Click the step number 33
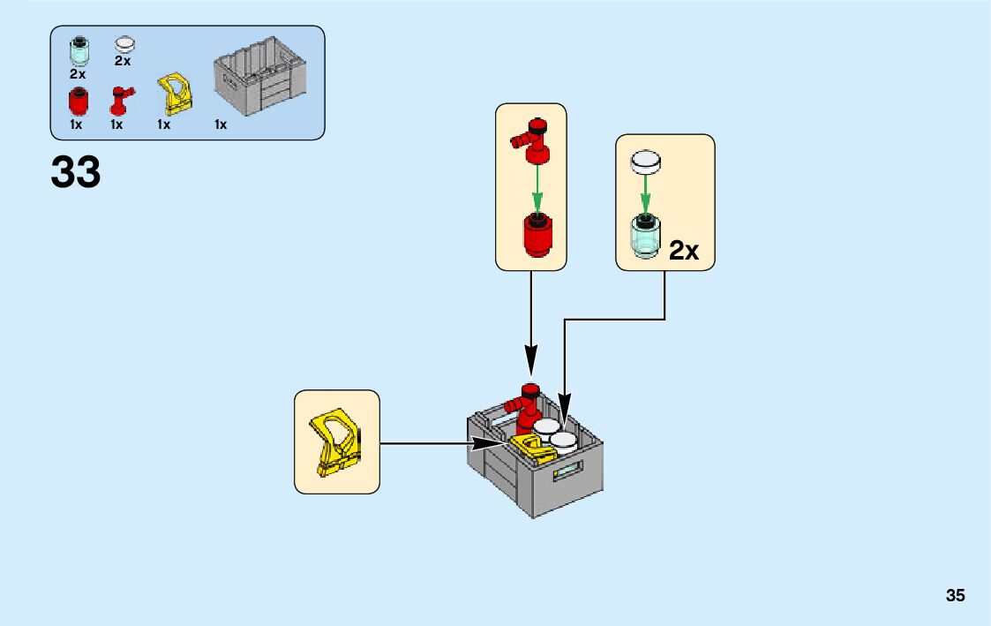(76, 172)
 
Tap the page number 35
(956, 595)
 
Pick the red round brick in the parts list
(79, 103)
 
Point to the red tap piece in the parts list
(119, 102)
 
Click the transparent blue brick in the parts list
(79, 51)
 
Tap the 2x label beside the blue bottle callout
(683, 252)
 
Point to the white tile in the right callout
(645, 161)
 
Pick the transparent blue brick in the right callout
(645, 237)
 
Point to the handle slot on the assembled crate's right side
(569, 469)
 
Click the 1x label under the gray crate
(221, 125)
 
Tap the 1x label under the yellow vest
(164, 125)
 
